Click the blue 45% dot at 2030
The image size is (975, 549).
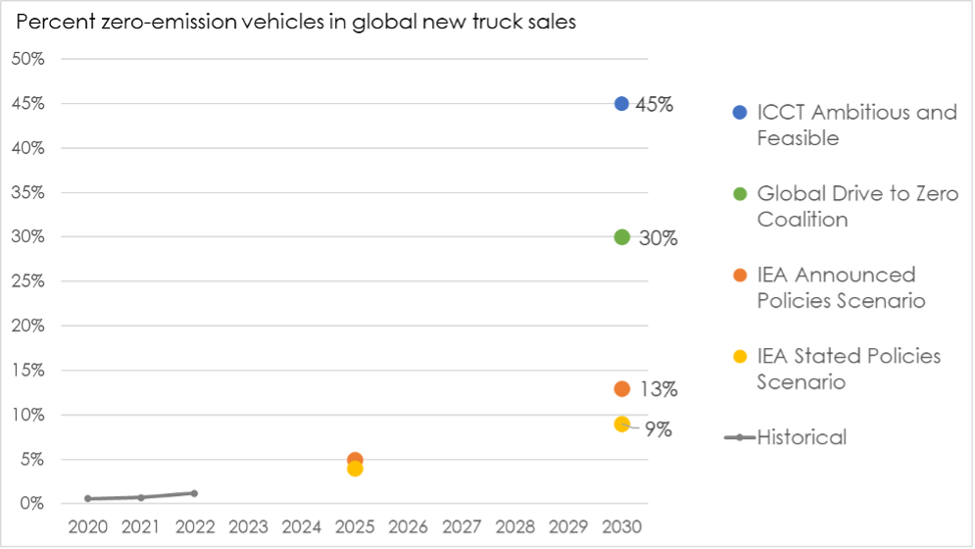coord(621,103)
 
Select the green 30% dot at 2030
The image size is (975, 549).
coord(621,236)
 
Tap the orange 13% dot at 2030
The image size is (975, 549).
coord(621,389)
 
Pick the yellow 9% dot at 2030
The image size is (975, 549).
coord(621,424)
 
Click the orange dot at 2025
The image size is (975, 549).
coord(355,459)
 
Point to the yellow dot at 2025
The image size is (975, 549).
coord(355,469)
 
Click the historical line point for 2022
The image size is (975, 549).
coord(194,493)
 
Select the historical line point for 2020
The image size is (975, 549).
coord(88,498)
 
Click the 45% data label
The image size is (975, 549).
coord(655,104)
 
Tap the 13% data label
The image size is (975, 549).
coord(658,389)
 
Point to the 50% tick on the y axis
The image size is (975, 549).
coord(27,59)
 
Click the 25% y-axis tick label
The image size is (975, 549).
coord(27,281)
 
